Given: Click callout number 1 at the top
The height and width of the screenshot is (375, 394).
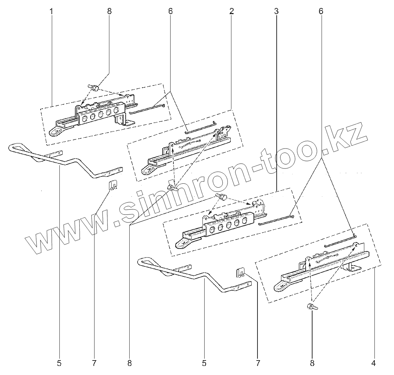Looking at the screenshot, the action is pos(51,11).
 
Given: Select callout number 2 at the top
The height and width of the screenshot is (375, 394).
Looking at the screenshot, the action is pos(231,11).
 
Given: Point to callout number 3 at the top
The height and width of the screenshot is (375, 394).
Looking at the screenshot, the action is pos(276,11).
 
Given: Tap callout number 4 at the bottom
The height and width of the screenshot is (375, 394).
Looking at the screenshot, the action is pos(373,363).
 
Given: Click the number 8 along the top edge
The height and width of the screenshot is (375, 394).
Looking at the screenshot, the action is pos(109,11).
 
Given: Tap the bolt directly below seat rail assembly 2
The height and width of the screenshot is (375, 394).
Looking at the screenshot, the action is pos(172,187).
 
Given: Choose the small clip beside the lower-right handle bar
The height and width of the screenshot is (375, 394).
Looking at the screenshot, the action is pos(240,272).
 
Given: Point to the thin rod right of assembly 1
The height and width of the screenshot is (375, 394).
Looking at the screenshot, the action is pos(147,109).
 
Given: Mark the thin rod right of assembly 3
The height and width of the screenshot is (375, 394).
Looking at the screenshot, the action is pos(276,220).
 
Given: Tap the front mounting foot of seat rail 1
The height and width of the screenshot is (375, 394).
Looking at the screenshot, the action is pos(56,131).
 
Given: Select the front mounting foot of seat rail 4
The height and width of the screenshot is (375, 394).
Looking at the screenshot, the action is pos(281,286).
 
